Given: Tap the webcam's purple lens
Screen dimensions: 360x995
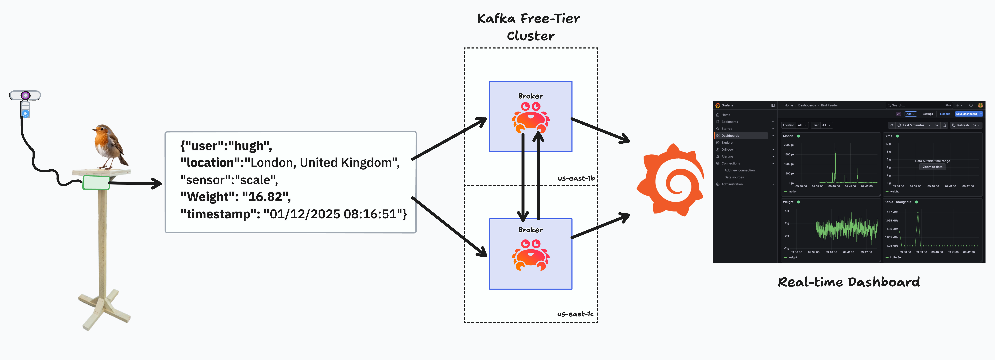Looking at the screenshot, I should click(26, 95).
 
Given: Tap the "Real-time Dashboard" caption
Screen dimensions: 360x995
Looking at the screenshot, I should click(849, 282).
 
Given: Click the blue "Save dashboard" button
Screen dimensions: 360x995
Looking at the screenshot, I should click(966, 114).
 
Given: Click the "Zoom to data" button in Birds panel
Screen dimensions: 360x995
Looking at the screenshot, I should click(932, 167).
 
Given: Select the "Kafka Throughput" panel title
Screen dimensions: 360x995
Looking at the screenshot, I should click(898, 202).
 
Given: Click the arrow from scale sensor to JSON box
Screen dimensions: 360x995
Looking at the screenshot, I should click(135, 183).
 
